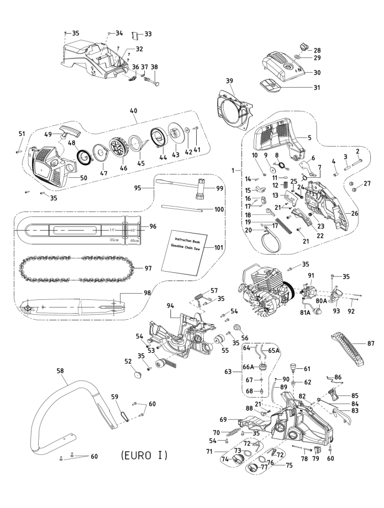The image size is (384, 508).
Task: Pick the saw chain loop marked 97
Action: point(77,268)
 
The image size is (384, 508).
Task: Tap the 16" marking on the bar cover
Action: point(134,229)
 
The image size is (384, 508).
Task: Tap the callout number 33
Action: point(148,34)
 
